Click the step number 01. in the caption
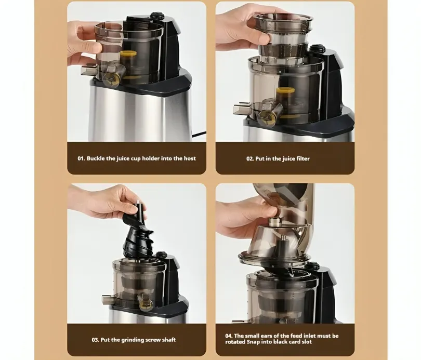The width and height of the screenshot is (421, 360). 82,158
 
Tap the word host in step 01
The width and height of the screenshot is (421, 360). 190,158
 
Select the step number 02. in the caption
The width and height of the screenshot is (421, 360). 250,158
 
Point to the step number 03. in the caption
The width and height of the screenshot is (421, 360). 95,340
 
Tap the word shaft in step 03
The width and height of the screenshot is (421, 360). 168,340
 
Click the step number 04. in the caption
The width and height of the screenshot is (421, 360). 229,336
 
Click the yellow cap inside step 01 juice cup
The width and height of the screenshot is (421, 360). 128,54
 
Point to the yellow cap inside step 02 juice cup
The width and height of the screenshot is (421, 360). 285,91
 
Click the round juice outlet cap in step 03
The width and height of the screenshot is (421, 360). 145,302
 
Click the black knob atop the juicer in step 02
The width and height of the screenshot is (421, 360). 317,49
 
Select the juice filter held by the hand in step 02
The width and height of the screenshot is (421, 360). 283,36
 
